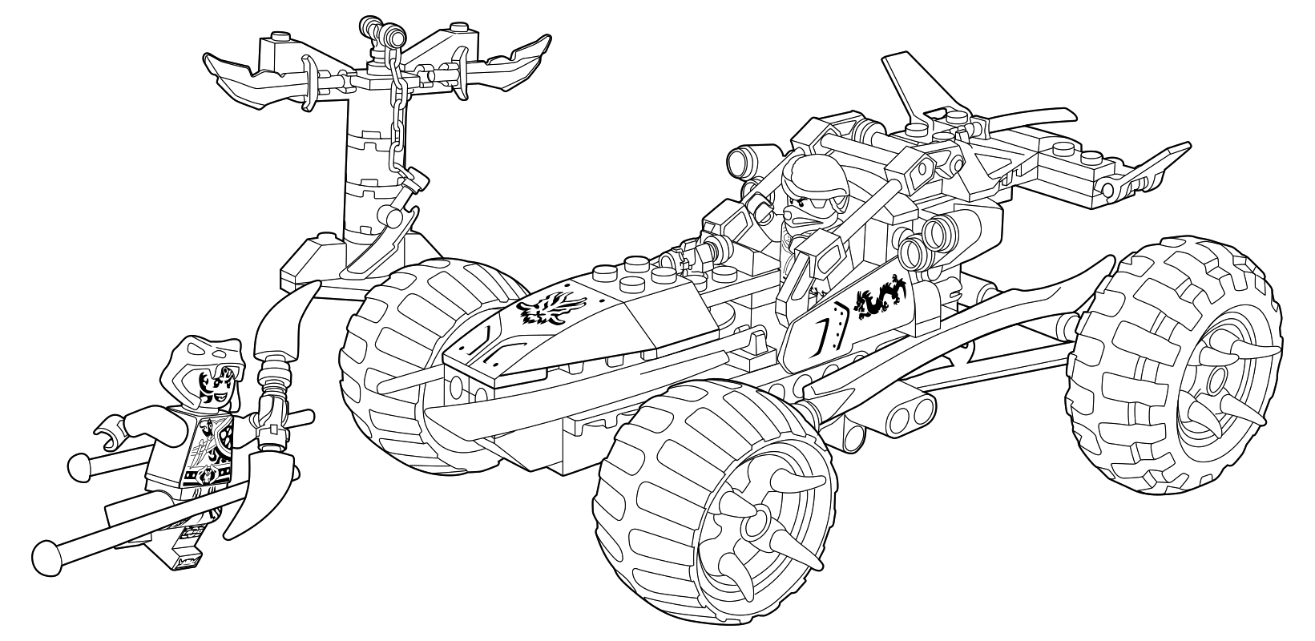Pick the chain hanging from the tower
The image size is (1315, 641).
pyautogui.click(x=397, y=120)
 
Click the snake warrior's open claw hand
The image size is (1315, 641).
pyautogui.click(x=105, y=437)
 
